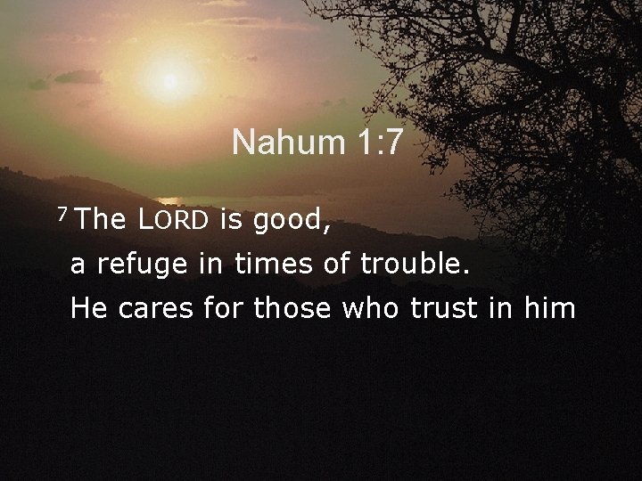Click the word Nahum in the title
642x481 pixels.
point(277,142)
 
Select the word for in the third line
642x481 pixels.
point(224,308)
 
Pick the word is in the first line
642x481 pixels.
point(231,220)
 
